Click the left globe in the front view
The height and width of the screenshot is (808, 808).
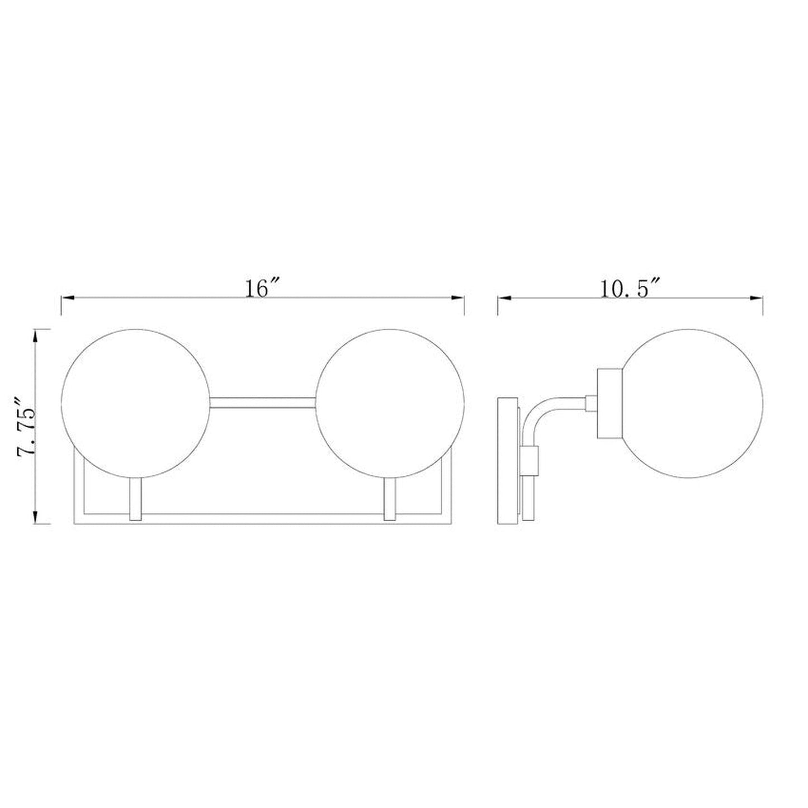point(136,403)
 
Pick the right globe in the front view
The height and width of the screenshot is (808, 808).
point(390,403)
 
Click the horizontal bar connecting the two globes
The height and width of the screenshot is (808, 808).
point(263,403)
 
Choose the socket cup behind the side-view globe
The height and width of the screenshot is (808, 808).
point(609,403)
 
